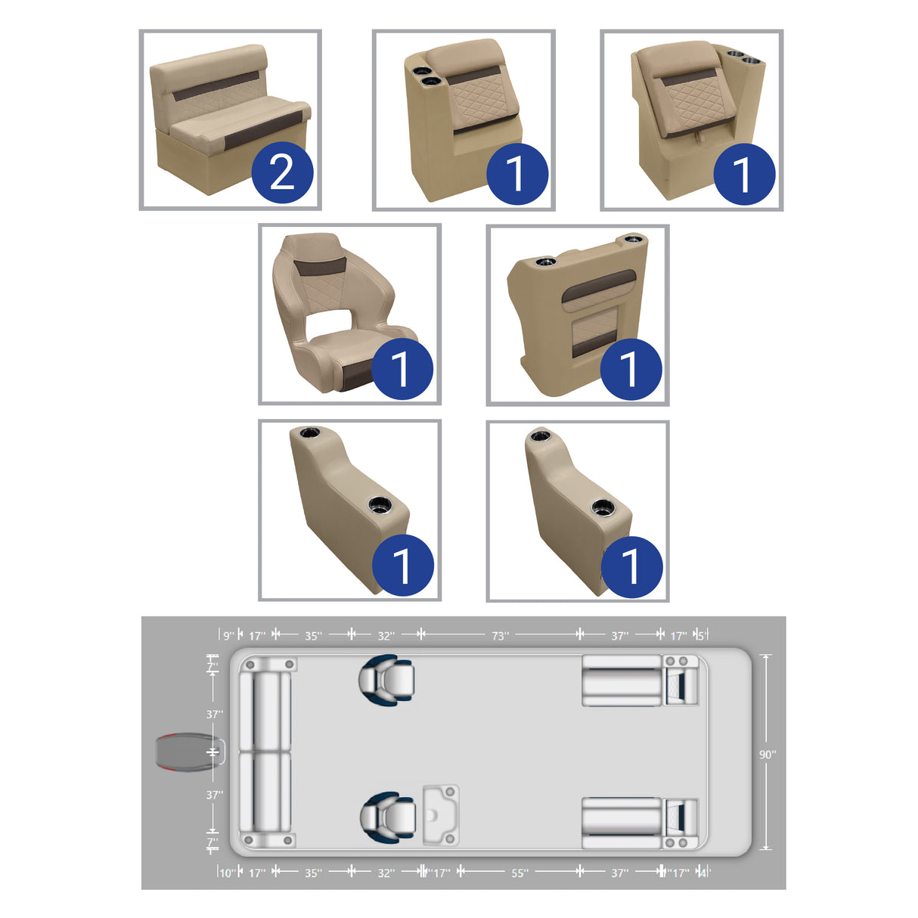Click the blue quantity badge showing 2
[282, 173]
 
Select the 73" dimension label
[501, 636]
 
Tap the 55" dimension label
[519, 873]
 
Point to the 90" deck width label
[768, 755]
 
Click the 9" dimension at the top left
[228, 636]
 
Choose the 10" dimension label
[227, 873]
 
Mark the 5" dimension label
[700, 636]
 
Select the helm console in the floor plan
[440, 815]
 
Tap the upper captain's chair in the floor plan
[387, 679]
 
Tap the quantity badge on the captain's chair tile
[402, 369]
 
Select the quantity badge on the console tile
[630, 369]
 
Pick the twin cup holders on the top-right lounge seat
[741, 57]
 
